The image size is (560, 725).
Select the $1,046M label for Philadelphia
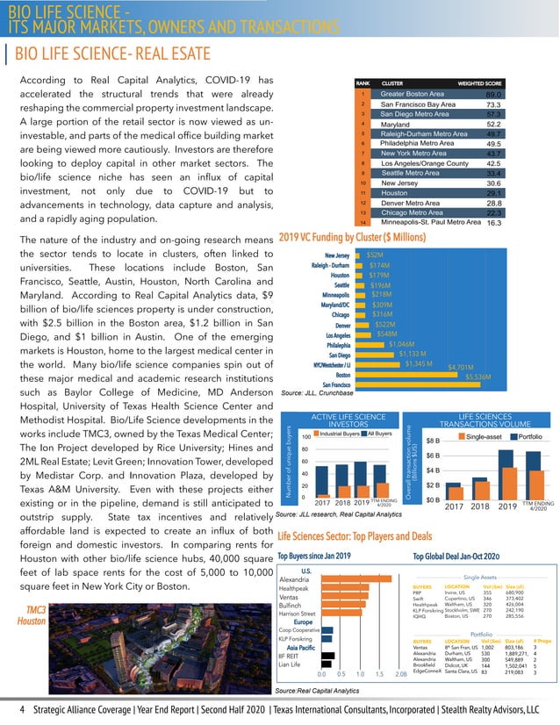pos(406,345)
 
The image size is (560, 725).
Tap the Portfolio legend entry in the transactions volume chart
pos(526,436)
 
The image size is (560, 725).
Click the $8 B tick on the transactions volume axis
pos(433,441)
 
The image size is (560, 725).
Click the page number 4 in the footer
pos(8,708)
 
